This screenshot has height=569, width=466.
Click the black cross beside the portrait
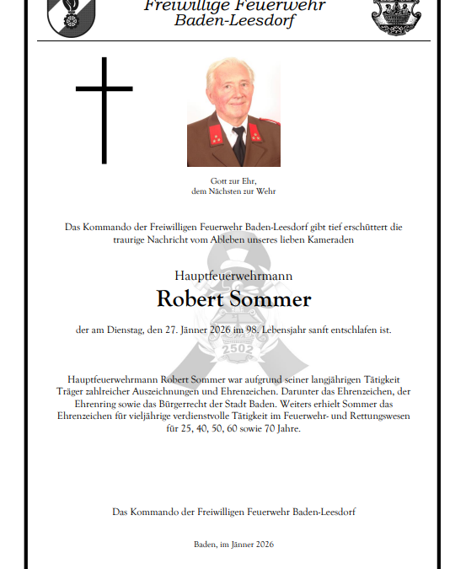104,110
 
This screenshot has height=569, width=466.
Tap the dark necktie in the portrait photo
239,144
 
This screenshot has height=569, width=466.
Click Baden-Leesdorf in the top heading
235,20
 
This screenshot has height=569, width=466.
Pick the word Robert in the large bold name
191,299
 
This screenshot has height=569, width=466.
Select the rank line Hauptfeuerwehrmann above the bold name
233,276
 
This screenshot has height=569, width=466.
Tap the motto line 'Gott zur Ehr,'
233,182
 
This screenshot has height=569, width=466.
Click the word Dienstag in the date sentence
131,330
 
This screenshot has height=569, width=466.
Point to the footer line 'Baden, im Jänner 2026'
233,545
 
